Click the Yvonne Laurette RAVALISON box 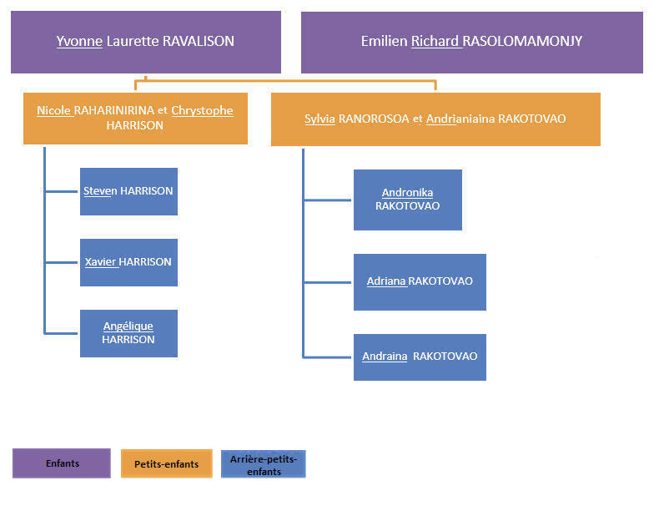[x=145, y=42]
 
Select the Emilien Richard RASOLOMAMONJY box [x=471, y=42]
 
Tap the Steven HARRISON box [x=128, y=191]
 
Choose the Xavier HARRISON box [x=128, y=262]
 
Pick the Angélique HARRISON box [x=128, y=333]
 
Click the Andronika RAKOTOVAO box [x=407, y=200]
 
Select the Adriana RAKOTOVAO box [x=420, y=281]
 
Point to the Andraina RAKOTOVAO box [x=420, y=357]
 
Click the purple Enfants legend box [x=62, y=463]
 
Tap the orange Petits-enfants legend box [x=166, y=463]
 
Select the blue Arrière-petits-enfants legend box [x=264, y=463]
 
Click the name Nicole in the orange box [x=54, y=110]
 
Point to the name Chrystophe [x=202, y=110]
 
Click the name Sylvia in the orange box [x=319, y=119]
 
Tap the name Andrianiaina [x=460, y=119]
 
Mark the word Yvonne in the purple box [x=73, y=41]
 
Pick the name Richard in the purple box [x=437, y=41]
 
